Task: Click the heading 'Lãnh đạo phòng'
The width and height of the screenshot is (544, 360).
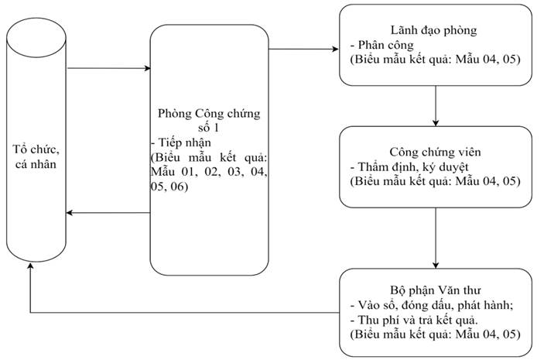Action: click(433, 30)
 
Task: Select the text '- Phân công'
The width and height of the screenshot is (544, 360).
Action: click(382, 45)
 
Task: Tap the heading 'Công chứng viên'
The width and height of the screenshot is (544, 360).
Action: click(435, 153)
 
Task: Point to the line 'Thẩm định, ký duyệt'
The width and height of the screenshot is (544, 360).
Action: click(413, 167)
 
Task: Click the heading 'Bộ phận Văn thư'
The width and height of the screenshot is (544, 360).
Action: click(436, 290)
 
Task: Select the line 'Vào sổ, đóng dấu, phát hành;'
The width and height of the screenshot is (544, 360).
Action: click(436, 305)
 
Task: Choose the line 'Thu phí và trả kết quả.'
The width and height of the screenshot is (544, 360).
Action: click(418, 320)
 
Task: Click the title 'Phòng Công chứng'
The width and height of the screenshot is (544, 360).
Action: click(209, 114)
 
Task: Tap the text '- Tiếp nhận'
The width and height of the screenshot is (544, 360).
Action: click(181, 142)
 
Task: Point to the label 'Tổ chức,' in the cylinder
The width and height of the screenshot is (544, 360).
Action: click(36, 149)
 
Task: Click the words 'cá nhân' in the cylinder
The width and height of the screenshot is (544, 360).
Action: click(36, 164)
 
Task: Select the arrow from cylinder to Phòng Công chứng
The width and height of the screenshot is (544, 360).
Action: click(108, 68)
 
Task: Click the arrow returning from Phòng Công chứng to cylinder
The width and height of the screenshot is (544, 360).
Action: click(108, 212)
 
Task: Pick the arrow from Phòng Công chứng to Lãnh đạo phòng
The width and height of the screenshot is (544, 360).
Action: click(303, 49)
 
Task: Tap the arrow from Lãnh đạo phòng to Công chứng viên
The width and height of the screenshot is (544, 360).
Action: click(436, 106)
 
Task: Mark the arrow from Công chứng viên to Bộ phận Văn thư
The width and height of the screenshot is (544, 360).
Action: click(436, 238)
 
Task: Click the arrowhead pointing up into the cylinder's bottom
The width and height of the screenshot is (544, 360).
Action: click(30, 266)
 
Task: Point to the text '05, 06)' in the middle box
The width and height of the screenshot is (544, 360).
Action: click(169, 187)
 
